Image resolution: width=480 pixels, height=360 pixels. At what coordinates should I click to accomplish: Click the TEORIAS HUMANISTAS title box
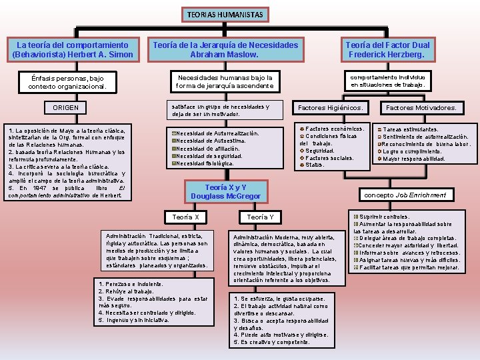[x=225, y=14]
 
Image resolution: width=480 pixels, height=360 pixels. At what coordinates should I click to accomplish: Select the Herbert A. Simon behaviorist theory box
[x=73, y=49]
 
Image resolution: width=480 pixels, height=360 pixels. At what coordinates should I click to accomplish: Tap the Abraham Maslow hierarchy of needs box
[x=225, y=49]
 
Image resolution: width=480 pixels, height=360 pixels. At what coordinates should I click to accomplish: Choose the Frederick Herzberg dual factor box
[x=387, y=49]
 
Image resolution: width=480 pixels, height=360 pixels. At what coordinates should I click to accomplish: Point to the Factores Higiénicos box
[x=331, y=107]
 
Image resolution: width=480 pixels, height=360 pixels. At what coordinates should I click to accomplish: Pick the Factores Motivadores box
[x=421, y=107]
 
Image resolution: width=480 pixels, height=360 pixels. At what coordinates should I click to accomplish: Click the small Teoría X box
[x=185, y=217]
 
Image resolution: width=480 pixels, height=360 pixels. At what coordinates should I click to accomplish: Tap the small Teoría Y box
[x=260, y=217]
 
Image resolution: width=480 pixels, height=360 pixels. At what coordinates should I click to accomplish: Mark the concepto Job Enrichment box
[x=413, y=195]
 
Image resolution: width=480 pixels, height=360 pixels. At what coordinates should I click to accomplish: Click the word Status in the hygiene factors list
[x=314, y=165]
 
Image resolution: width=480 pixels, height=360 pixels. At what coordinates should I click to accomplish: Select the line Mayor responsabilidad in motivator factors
[x=414, y=159]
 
